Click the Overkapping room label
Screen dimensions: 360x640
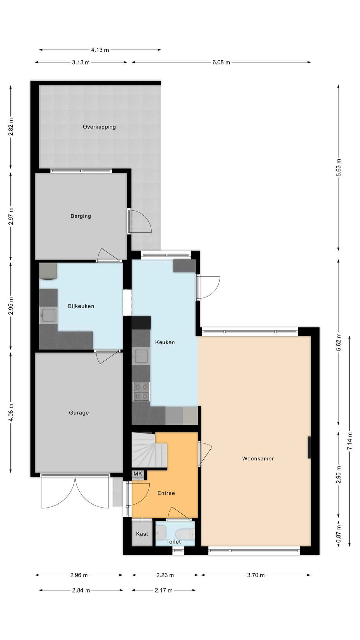click(99, 127)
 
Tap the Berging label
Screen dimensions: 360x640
click(81, 216)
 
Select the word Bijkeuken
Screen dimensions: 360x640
click(81, 306)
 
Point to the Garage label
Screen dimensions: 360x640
click(79, 413)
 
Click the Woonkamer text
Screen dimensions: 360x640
click(258, 459)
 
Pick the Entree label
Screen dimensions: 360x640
click(166, 493)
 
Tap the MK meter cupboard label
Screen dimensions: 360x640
click(138, 474)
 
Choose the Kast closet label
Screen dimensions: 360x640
click(142, 534)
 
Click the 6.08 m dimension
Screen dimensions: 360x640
click(221, 62)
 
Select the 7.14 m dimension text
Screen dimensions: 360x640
click(350, 441)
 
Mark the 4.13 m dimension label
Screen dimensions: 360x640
click(100, 50)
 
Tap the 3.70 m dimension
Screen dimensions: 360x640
click(256, 575)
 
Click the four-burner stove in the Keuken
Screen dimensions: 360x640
click(141, 391)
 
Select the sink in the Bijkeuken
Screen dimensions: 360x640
click(48, 315)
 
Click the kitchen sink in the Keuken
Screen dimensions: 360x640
click(141, 356)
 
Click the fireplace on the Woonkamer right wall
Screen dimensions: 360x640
click(309, 447)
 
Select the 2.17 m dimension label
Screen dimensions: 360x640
click(163, 590)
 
